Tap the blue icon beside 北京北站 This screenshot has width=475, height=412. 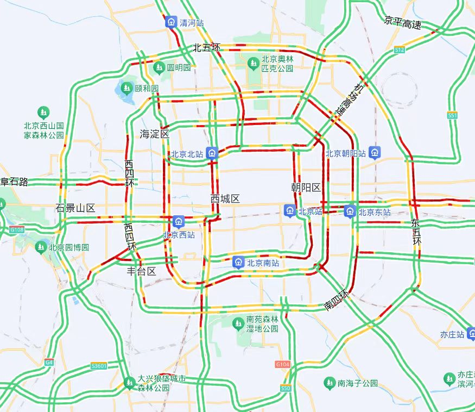pyautogui.click(x=212, y=154)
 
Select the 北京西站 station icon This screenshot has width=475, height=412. pyautogui.click(x=179, y=221)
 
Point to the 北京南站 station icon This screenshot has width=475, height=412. pyautogui.click(x=238, y=263)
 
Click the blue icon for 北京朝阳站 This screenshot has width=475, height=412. pyautogui.click(x=374, y=153)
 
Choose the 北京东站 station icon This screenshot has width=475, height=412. pyautogui.click(x=350, y=211)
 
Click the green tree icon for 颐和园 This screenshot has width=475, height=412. pyautogui.click(x=126, y=88)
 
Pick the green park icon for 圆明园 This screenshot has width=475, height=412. pyautogui.click(x=159, y=67)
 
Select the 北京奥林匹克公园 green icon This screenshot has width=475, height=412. pyautogui.click(x=253, y=64)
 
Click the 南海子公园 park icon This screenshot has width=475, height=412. pyautogui.click(x=329, y=383)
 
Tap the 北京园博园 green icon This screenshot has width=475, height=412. pyautogui.click(x=41, y=247)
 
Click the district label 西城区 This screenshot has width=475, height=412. pyautogui.click(x=225, y=199)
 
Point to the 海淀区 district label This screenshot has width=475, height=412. pyautogui.click(x=155, y=134)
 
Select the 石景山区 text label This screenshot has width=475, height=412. pyautogui.click(x=75, y=208)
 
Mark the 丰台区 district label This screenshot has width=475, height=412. pyautogui.click(x=141, y=271)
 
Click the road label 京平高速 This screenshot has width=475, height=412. pyautogui.click(x=402, y=22)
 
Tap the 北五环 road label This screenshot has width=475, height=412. pyautogui.click(x=207, y=48)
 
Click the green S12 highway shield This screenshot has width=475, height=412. pyautogui.click(x=400, y=50)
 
